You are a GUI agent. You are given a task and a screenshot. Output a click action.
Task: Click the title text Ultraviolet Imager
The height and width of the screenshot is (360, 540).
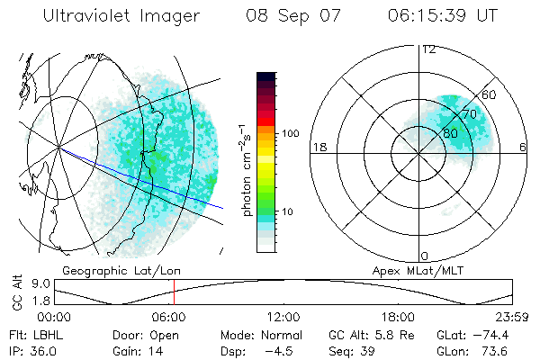click(116, 16)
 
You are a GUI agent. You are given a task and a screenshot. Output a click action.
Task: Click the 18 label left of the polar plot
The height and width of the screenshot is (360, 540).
click(318, 147)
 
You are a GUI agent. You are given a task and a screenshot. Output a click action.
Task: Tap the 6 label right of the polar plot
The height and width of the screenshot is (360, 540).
click(522, 147)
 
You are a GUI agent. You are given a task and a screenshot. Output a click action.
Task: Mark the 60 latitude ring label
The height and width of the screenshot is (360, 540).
click(489, 94)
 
